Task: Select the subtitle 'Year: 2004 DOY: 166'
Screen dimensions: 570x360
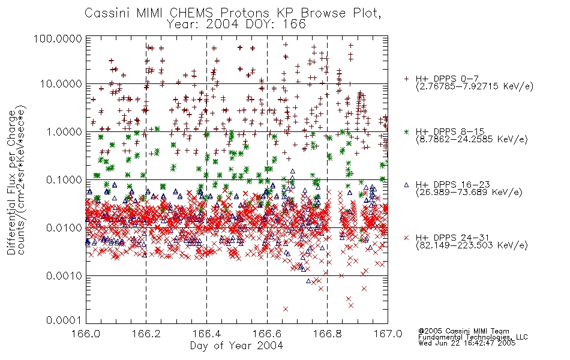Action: click(x=236, y=25)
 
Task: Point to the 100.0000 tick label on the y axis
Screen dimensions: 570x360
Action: click(x=58, y=38)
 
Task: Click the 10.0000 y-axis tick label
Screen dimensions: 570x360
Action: click(x=61, y=84)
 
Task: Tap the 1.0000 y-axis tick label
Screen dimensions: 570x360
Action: click(x=64, y=131)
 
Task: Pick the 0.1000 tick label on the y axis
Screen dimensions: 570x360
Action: click(x=64, y=179)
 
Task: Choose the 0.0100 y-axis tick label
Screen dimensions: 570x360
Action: click(x=64, y=228)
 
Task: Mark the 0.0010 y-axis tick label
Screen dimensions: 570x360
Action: click(x=64, y=276)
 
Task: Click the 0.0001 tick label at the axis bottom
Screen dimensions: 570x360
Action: click(x=64, y=320)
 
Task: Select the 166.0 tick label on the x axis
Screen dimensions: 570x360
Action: click(x=86, y=334)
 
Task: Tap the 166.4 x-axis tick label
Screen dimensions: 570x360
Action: click(x=207, y=334)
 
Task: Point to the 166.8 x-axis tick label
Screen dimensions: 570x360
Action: click(x=327, y=334)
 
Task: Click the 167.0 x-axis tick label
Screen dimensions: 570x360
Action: click(x=388, y=334)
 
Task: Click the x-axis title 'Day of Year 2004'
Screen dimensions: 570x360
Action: click(x=236, y=346)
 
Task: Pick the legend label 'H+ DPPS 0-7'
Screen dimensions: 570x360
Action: click(x=447, y=79)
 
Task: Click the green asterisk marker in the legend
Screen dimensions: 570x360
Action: click(x=406, y=131)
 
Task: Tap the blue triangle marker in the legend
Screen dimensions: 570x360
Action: click(x=406, y=185)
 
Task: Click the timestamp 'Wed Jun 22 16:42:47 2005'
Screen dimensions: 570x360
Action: click(x=467, y=343)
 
